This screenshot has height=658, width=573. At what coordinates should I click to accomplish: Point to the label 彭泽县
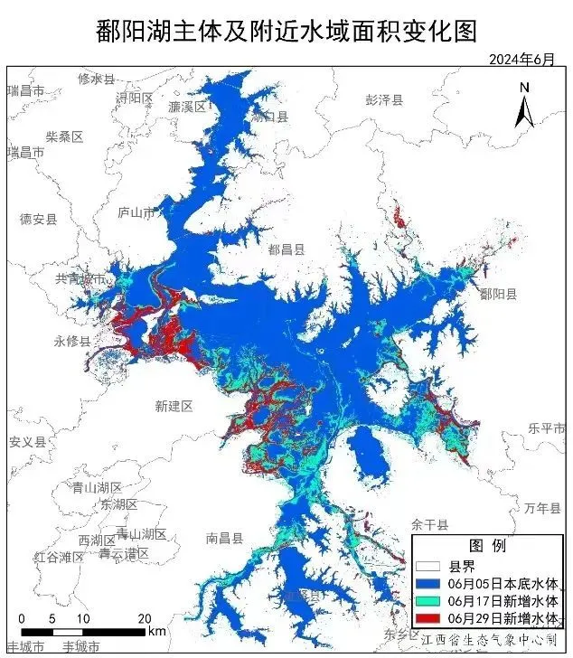[x=384, y=99]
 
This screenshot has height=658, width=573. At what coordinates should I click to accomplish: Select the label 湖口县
[x=269, y=117]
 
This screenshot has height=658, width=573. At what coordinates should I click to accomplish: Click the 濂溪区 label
[x=187, y=107]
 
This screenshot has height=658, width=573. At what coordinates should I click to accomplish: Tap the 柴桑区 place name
[x=64, y=136]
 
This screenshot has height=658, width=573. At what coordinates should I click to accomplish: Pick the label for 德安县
[x=38, y=219]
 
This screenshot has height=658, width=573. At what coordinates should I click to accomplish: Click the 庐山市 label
[x=136, y=212]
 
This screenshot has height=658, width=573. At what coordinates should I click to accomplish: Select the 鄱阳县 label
[x=498, y=294]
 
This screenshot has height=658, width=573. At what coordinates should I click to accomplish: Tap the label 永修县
[x=72, y=342]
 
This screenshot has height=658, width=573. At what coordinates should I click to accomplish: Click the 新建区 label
[x=174, y=407]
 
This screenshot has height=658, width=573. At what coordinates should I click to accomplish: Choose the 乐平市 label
[x=546, y=428]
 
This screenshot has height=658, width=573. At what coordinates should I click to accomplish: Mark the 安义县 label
[x=27, y=442]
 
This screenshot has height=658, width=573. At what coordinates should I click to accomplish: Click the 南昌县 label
[x=224, y=538]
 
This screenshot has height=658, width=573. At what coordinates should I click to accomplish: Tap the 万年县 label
[x=541, y=509]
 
